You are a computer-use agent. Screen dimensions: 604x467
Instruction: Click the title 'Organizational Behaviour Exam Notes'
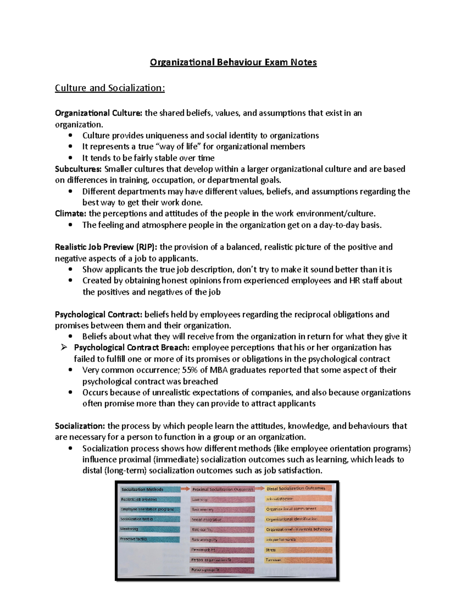point(233,62)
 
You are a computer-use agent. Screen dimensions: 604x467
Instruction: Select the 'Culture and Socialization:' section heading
point(110,88)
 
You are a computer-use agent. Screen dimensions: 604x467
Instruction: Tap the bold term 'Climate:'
point(70,214)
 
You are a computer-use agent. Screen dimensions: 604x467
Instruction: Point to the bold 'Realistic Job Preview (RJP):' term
point(106,247)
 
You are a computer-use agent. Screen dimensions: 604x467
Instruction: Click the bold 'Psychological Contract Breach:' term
point(132,347)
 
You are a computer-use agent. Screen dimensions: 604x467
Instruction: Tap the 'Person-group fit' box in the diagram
point(222,570)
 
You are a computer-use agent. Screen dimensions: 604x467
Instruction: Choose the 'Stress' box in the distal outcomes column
point(298,550)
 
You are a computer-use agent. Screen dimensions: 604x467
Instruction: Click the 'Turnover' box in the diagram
point(298,560)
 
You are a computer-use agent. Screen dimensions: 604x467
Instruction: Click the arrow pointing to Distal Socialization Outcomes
point(260,488)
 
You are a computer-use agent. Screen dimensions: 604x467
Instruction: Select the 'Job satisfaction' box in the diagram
point(298,499)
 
